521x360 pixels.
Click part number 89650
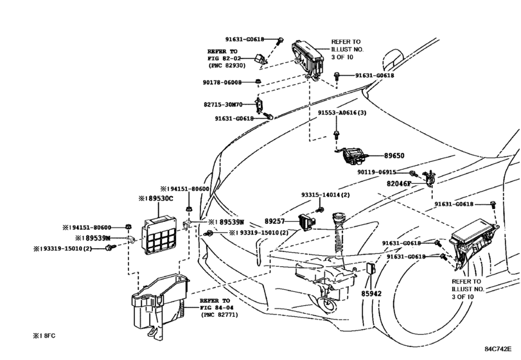pyautogui.click(x=394, y=156)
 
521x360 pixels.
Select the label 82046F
pyautogui.click(x=399, y=183)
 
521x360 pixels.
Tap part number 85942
pyautogui.click(x=371, y=294)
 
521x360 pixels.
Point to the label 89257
pyautogui.click(x=274, y=221)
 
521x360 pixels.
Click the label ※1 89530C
pyautogui.click(x=156, y=199)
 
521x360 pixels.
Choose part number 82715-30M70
pyautogui.click(x=223, y=104)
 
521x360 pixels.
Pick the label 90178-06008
pyautogui.click(x=222, y=82)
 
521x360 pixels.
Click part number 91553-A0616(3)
pyautogui.click(x=342, y=113)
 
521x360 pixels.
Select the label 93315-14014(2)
pyautogui.click(x=326, y=195)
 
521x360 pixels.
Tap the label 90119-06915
pyautogui.click(x=377, y=172)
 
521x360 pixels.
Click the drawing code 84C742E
pyautogui.click(x=498, y=349)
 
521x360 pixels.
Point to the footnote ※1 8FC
pyautogui.click(x=44, y=336)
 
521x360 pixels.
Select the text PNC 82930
pyautogui.click(x=227, y=66)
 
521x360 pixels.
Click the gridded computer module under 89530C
pyautogui.click(x=159, y=235)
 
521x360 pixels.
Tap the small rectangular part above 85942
pyautogui.click(x=371, y=269)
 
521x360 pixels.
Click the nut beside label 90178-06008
pyautogui.click(x=258, y=82)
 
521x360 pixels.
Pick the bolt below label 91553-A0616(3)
pyautogui.click(x=336, y=135)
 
